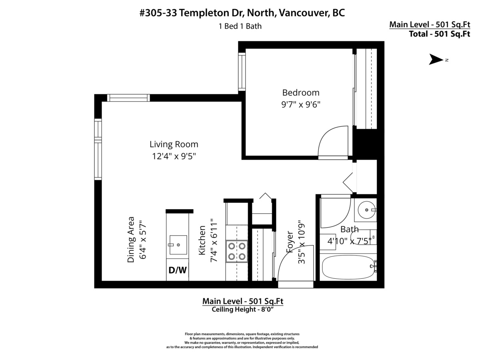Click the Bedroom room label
coord(301,93)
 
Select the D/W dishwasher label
coord(177,270)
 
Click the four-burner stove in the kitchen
coord(236,251)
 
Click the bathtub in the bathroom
coord(348,268)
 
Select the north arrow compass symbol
coord(436,60)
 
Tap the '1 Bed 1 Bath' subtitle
coord(240,26)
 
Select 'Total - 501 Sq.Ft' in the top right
coord(439,34)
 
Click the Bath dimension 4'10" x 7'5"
coord(350,241)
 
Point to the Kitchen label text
coord(202,240)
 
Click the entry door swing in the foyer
coord(294,266)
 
